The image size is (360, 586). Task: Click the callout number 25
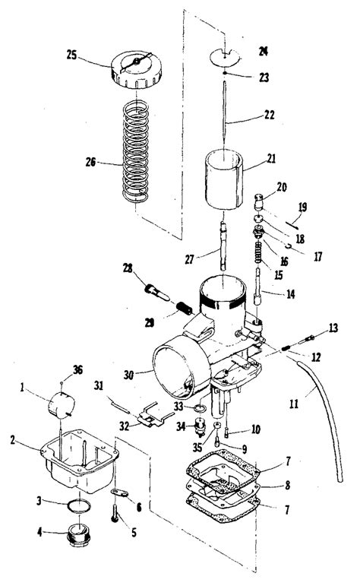click(x=71, y=55)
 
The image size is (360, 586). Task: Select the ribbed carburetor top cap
click(x=137, y=69)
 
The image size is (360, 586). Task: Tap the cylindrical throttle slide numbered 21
click(x=224, y=179)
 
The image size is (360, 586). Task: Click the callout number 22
click(x=269, y=114)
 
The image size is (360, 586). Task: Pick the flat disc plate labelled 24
click(x=224, y=56)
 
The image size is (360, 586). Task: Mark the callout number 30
click(x=128, y=375)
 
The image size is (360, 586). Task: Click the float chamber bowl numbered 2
click(x=80, y=461)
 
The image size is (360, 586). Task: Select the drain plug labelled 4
click(x=78, y=536)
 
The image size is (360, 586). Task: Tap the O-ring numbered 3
click(x=79, y=506)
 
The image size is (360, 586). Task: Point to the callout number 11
click(x=294, y=404)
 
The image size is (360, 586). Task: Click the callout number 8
click(x=288, y=485)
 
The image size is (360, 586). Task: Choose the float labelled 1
click(x=62, y=404)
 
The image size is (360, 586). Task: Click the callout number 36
click(x=77, y=370)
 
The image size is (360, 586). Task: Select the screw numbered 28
click(x=156, y=293)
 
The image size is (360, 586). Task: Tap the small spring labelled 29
click(x=184, y=308)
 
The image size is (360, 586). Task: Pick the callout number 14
click(x=290, y=294)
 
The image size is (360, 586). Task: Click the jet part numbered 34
click(x=201, y=427)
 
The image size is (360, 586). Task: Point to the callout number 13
click(x=333, y=328)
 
